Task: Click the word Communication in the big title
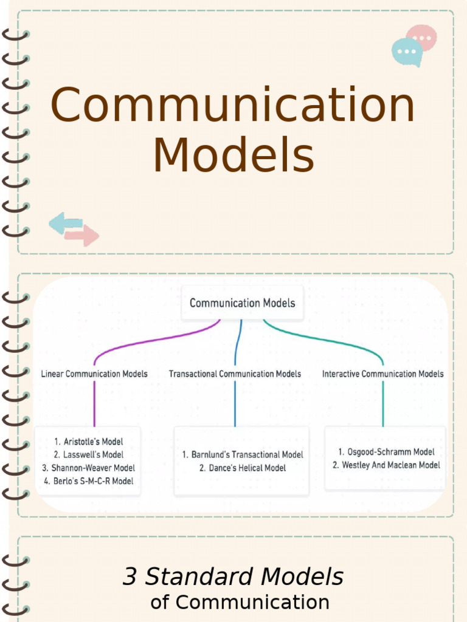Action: [x=232, y=104]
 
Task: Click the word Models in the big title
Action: [x=233, y=155]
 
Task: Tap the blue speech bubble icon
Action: [x=407, y=52]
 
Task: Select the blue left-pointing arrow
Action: [x=65, y=223]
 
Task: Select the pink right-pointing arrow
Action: [x=82, y=235]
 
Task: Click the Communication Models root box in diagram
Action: [x=242, y=302]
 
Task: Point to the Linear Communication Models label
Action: [x=94, y=374]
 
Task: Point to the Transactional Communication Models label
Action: [x=235, y=374]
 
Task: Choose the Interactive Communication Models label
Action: [x=382, y=374]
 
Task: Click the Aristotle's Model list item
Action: [x=89, y=442]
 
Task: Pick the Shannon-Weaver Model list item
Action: [x=89, y=468]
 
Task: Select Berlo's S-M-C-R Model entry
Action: [x=89, y=481]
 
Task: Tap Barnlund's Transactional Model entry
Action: [x=242, y=454]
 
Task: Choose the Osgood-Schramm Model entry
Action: [x=386, y=452]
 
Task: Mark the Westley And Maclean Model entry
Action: [x=386, y=465]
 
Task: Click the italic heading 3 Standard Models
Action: [x=233, y=576]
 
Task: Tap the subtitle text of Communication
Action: [x=240, y=603]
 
